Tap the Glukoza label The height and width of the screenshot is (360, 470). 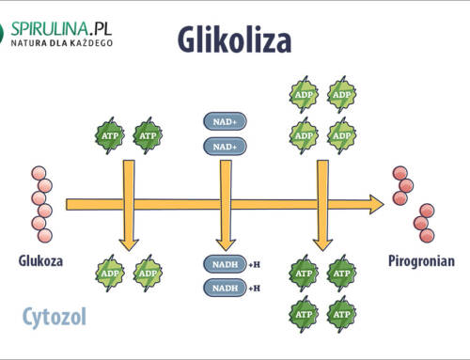(39, 260)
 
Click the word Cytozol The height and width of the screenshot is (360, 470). (55, 316)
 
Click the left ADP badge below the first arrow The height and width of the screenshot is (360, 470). (110, 274)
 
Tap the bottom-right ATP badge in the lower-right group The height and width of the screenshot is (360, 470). (341, 309)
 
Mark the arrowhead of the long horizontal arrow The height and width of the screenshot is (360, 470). (375, 204)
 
